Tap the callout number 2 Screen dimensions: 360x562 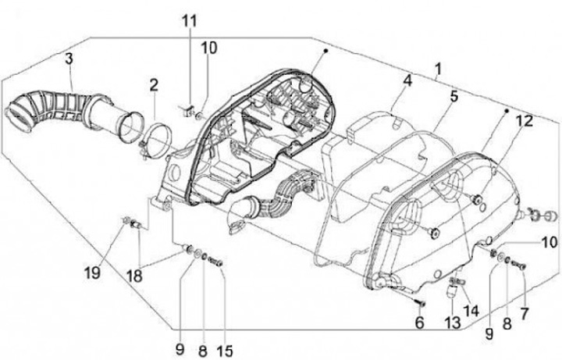pyautogui.click(x=154, y=84)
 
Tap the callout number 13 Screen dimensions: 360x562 pyautogui.click(x=452, y=323)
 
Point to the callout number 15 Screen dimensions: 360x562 pyautogui.click(x=226, y=349)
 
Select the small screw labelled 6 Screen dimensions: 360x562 pyautogui.click(x=418, y=301)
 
